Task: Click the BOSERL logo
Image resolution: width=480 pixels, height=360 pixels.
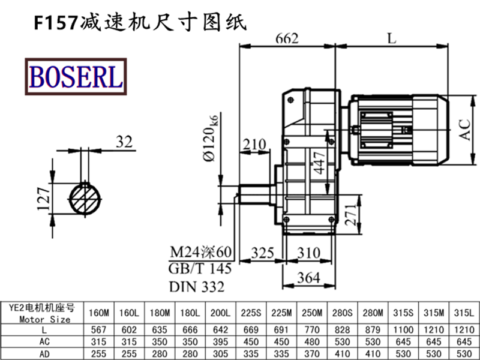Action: click(75, 76)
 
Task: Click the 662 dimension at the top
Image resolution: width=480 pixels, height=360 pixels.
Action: click(287, 39)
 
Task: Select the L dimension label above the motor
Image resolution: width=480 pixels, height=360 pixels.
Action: click(392, 39)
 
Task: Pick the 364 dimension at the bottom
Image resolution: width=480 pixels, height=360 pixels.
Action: click(307, 277)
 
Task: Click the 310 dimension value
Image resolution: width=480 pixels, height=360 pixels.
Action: click(308, 253)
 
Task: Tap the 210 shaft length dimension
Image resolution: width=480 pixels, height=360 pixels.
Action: click(254, 144)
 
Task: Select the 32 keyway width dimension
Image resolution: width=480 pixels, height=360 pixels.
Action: click(123, 142)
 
